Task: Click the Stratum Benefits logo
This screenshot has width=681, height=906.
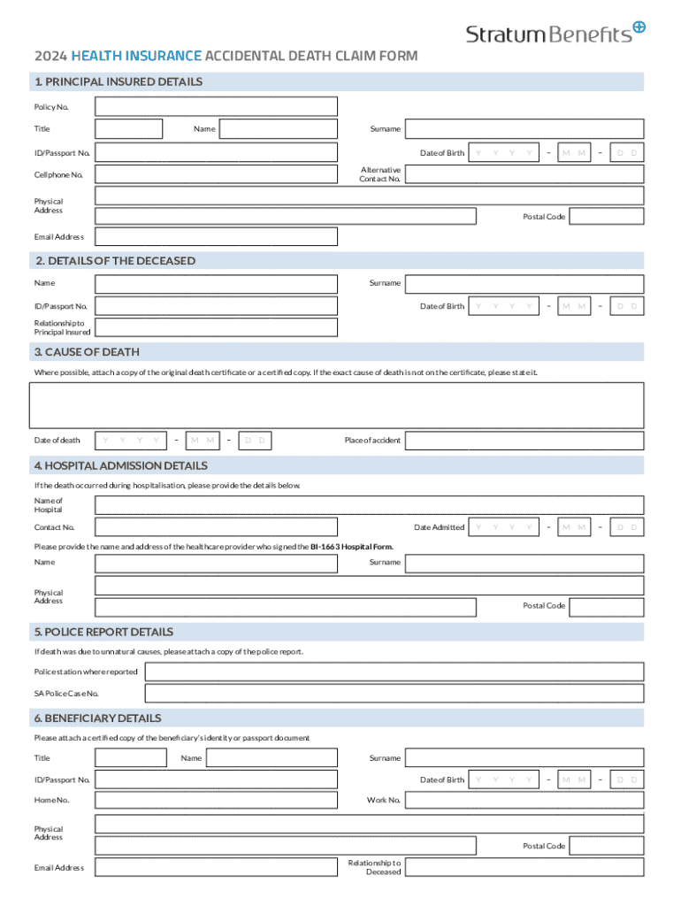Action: tap(555, 33)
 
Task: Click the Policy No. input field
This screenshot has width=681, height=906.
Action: tap(216, 107)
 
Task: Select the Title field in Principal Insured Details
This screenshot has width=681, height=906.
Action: tap(128, 129)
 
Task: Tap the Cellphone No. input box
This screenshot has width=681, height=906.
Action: tap(216, 175)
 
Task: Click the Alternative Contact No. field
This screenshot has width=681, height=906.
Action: tap(524, 175)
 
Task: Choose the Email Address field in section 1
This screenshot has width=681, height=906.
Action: tap(216, 237)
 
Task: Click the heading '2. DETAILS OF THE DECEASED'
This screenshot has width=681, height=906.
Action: tap(115, 261)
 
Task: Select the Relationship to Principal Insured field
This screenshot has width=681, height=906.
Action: tap(216, 327)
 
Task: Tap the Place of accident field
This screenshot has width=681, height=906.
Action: tap(524, 441)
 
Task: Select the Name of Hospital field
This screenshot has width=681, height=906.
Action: tap(369, 505)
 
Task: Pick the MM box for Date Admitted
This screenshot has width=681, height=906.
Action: tap(574, 527)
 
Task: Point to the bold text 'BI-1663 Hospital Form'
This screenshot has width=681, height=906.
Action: tap(351, 547)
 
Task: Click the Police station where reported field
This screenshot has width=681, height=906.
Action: tap(394, 672)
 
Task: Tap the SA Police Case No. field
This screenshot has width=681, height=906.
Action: tap(394, 695)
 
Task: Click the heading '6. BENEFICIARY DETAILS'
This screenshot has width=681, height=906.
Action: tap(98, 718)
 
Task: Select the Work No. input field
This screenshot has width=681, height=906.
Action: tap(524, 801)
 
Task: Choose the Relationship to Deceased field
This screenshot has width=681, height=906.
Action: tap(524, 867)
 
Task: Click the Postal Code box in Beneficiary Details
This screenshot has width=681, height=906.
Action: tap(606, 847)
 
